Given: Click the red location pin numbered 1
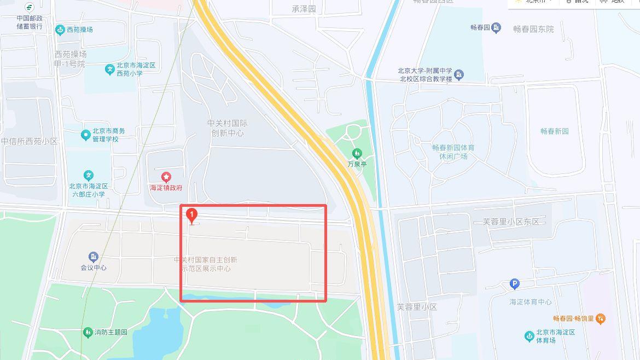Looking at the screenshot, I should pos(191,216).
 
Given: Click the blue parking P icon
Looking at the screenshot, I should pos(514,284).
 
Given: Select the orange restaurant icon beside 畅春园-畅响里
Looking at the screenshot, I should pos(601,318).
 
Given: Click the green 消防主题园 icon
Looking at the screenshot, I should pos(88,332).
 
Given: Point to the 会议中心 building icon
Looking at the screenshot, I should pos(94,257).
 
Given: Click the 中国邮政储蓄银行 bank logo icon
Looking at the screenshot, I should pos(29,8).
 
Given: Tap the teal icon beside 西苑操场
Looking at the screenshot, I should pos(60,29).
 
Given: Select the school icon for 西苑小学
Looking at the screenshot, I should pos(110,69).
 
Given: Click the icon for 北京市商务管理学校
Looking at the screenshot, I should pos(85,135).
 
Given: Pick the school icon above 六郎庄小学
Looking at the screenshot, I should pos(88,176).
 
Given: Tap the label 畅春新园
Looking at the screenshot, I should pos(554,131).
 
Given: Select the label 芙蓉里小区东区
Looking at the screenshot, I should pos(510,222).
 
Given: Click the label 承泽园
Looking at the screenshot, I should pos(304,9).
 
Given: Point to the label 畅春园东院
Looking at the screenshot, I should pos(533,29).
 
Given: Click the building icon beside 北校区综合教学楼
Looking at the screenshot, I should pos(459,74).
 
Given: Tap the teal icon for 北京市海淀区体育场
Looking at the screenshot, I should pos(529,336).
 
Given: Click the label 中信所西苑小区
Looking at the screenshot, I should pos(29,141).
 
